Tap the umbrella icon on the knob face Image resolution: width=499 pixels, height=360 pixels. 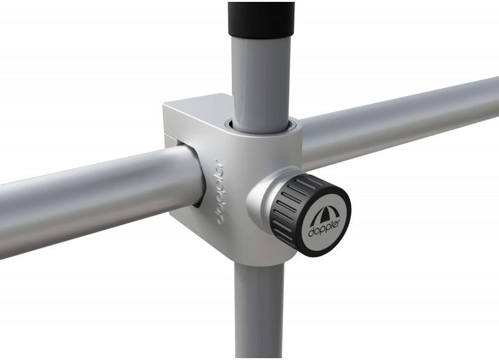(321, 214)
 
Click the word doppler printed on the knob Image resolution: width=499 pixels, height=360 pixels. (324, 227)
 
